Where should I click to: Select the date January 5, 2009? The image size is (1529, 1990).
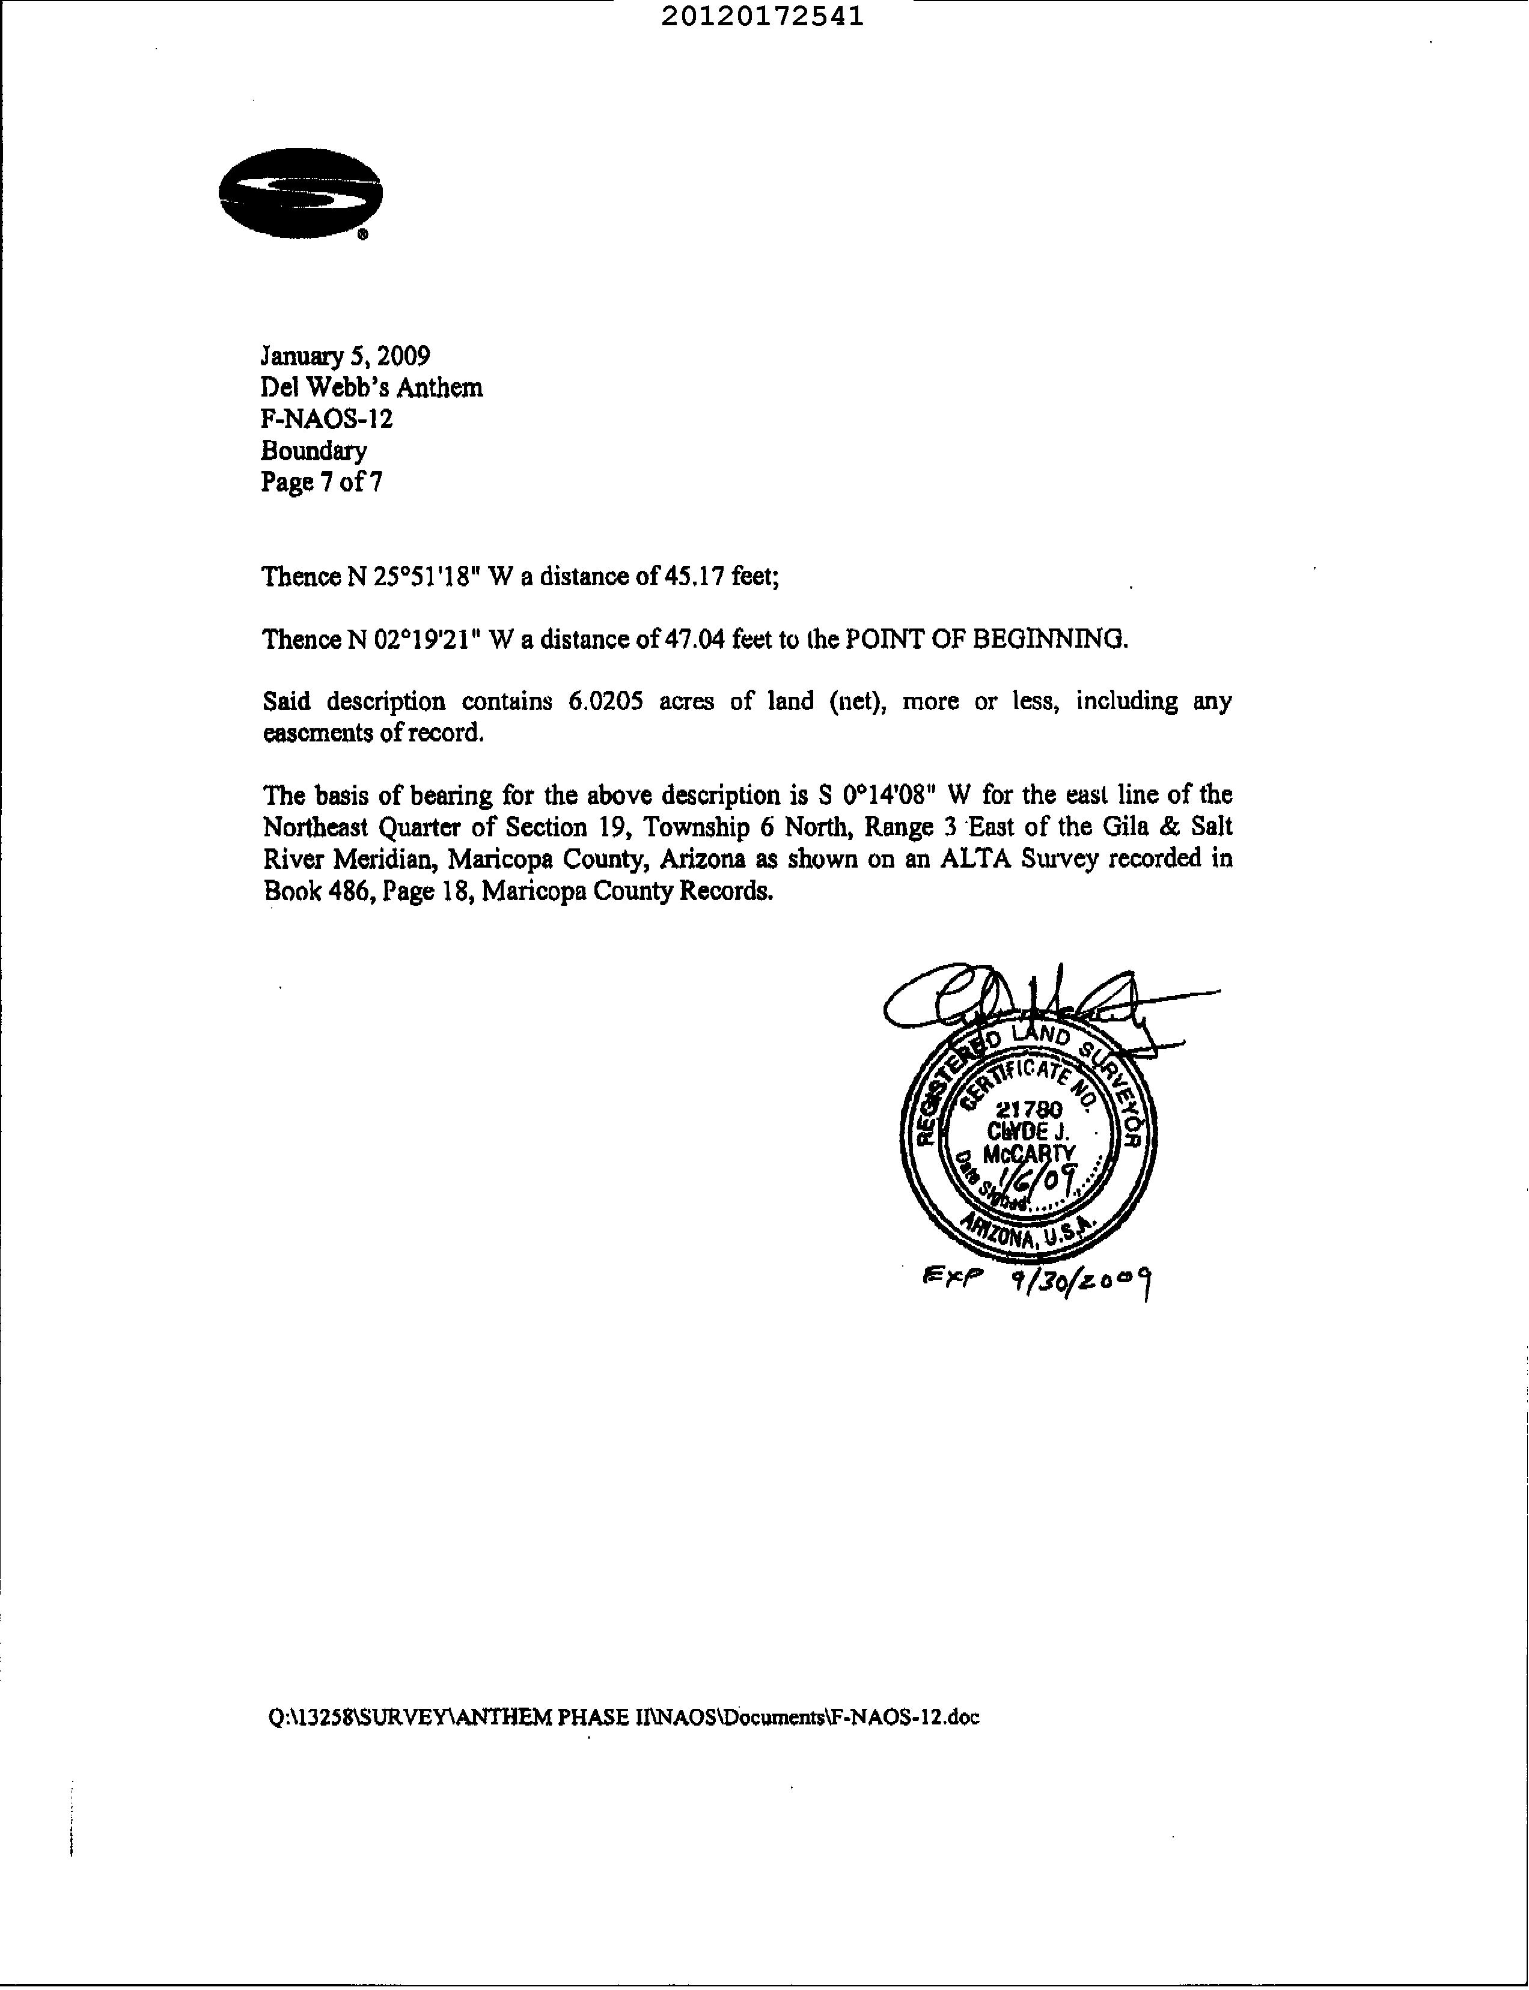346,355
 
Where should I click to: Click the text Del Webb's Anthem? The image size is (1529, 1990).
371,388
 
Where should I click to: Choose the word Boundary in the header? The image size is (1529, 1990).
314,451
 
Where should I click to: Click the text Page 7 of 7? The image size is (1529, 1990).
322,481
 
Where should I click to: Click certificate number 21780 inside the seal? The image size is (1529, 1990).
1030,1109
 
